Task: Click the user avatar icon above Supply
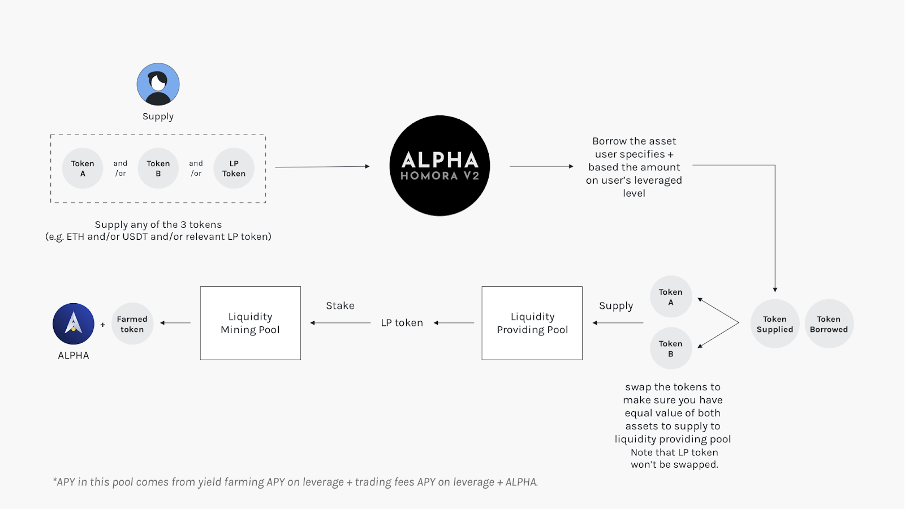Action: click(158, 84)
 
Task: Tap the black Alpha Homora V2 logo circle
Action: click(439, 166)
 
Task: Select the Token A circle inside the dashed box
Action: click(83, 168)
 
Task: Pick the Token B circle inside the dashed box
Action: click(158, 168)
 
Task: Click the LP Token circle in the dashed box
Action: click(234, 168)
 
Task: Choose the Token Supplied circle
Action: click(775, 324)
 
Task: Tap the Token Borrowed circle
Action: click(829, 324)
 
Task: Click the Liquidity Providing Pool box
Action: click(532, 323)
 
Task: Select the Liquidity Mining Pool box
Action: click(250, 323)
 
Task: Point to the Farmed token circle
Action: click(132, 324)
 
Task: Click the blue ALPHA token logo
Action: click(74, 324)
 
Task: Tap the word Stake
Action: click(340, 306)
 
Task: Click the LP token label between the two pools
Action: click(402, 323)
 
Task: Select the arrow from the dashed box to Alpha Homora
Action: click(322, 167)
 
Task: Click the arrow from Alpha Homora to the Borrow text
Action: click(541, 166)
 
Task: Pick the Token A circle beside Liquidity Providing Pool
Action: click(671, 297)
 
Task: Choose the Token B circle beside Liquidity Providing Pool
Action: click(671, 348)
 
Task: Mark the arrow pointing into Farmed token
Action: click(175, 323)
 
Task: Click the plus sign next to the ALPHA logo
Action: click(103, 325)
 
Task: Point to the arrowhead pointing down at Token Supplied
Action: click(775, 290)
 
